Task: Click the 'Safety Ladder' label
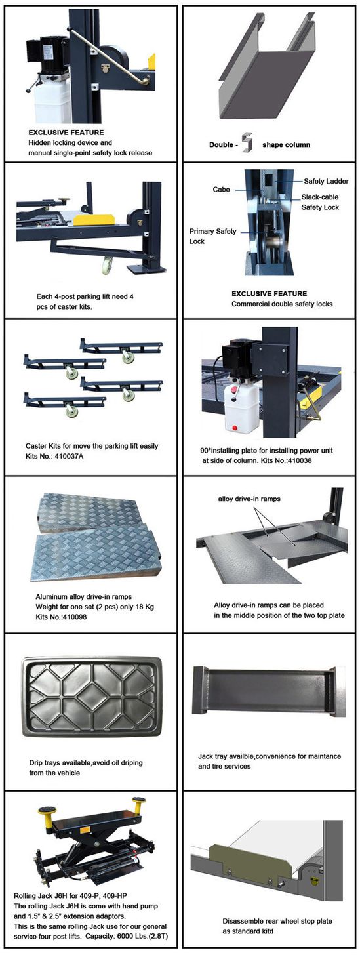326,181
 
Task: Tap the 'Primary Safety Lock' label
212,236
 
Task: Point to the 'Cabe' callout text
221,189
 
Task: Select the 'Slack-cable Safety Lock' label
320,202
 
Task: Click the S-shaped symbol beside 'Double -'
246,142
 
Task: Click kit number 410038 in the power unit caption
299,460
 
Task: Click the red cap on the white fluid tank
234,390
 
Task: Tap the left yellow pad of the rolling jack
45,811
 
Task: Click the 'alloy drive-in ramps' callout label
249,499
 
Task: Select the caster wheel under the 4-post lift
107,266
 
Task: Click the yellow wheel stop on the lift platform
92,220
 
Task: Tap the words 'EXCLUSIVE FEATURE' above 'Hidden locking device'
66,133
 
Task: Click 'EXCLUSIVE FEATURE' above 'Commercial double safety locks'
270,294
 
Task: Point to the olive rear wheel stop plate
252,856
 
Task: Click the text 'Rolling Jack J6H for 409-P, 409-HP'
70,895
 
